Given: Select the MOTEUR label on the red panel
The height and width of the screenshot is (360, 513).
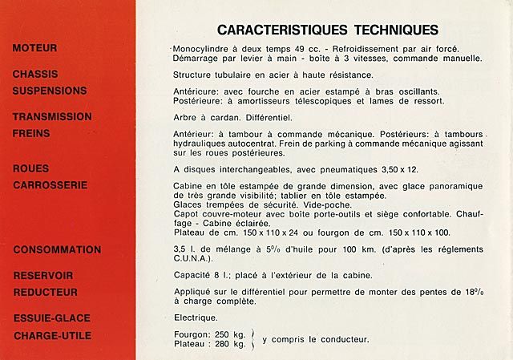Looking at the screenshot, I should click(34, 49).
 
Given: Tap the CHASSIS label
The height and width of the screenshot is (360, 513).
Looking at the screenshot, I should click(35, 75).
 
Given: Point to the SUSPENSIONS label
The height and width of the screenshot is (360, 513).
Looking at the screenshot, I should click(50, 91).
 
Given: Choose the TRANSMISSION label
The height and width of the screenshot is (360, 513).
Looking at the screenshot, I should click(52, 116).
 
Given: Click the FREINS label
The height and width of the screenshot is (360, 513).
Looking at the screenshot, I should click(31, 132).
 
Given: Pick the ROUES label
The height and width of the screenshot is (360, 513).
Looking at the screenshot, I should click(30, 169).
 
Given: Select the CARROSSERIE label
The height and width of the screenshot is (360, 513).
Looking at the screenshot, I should click(50, 184).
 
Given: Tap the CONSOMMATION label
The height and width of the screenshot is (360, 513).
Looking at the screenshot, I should click(57, 250).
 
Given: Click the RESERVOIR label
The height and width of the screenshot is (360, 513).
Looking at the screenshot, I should click(43, 276).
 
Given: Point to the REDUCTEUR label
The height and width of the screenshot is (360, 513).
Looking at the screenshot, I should click(45, 292).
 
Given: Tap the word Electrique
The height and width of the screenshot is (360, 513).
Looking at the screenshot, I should click(195, 318).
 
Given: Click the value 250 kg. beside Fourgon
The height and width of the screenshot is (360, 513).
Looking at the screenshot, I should click(230, 335).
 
